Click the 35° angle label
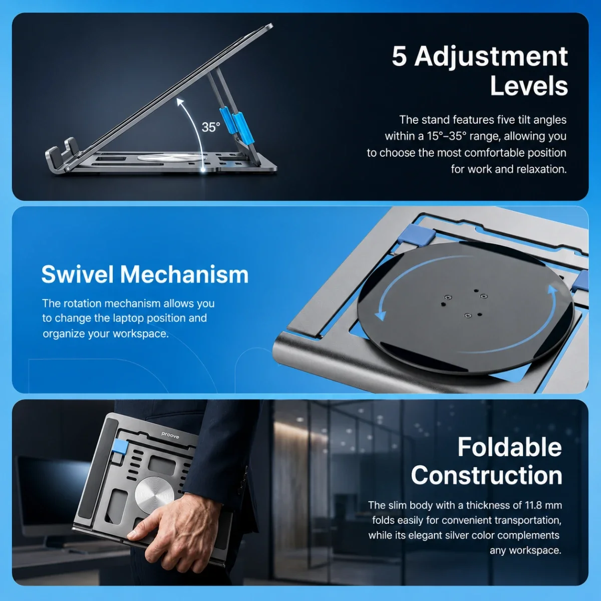(211, 127)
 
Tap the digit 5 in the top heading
(400, 57)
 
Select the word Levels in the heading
(529, 86)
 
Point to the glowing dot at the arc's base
(203, 170)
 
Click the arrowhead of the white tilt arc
(180, 102)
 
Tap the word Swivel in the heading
(78, 274)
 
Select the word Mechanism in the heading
(184, 274)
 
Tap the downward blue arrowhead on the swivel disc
(380, 316)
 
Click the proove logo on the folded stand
(170, 435)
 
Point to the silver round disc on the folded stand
(154, 496)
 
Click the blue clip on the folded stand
(119, 447)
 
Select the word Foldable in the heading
(510, 447)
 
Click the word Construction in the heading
(486, 475)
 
